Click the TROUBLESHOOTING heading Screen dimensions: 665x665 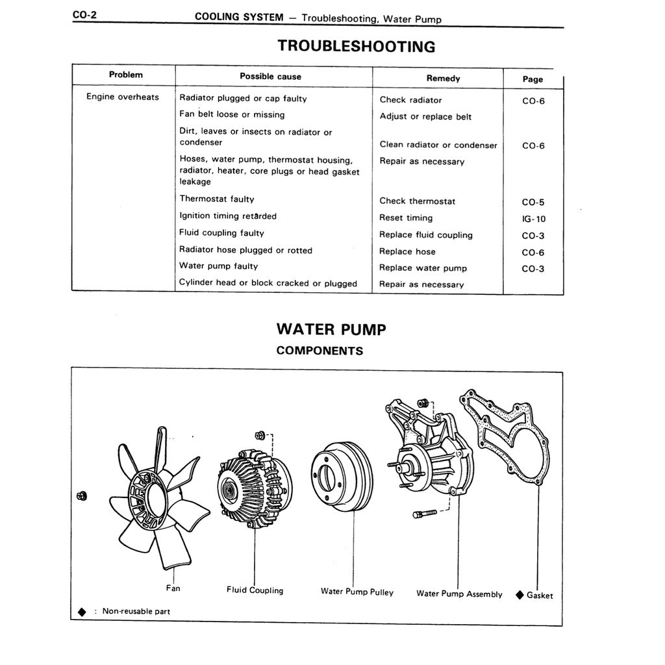(x=357, y=47)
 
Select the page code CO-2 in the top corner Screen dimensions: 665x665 (x=84, y=15)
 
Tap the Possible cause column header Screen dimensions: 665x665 (x=270, y=77)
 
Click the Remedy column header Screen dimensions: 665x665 (x=443, y=79)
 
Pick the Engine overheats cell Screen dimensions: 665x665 (x=123, y=97)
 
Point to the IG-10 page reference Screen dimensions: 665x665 (x=534, y=219)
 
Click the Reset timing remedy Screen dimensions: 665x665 (x=406, y=218)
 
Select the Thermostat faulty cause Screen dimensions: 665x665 (x=217, y=199)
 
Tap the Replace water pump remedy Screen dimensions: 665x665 (x=423, y=268)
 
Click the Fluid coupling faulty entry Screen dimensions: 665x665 (x=221, y=233)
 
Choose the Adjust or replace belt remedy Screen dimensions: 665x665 (x=425, y=117)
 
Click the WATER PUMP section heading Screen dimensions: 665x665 (x=331, y=329)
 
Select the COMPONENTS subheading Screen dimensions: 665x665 (x=320, y=351)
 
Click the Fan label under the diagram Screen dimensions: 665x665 (x=173, y=588)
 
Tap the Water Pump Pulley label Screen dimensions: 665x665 (x=357, y=592)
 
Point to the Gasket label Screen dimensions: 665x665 (x=540, y=595)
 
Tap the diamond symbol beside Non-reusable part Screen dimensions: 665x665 (x=82, y=612)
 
